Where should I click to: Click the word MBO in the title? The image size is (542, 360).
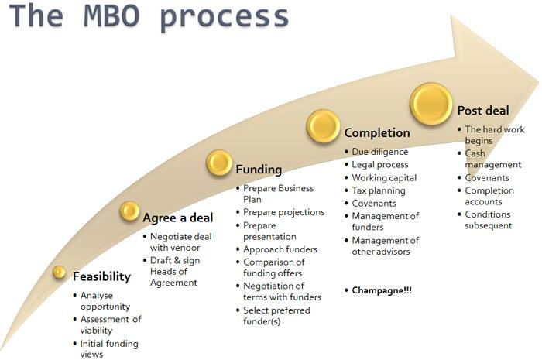(111, 16)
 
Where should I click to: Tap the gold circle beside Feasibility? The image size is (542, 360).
(59, 272)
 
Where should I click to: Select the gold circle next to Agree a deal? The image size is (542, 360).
(129, 211)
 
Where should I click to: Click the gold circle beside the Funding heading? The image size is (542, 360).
(219, 163)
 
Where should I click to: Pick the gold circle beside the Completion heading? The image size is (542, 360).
(323, 126)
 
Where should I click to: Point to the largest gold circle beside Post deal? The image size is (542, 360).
(431, 104)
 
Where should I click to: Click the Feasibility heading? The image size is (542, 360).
(102, 276)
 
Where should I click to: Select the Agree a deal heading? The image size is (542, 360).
(178, 218)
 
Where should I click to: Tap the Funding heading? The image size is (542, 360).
(259, 170)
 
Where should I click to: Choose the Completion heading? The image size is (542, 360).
(377, 133)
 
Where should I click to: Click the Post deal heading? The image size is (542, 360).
(483, 111)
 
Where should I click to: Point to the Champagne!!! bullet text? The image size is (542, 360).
(382, 290)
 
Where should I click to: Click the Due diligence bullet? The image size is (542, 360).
(380, 152)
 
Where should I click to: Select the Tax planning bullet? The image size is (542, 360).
(379, 190)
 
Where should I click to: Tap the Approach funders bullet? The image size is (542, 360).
(280, 249)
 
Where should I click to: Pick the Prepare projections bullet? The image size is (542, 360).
(284, 212)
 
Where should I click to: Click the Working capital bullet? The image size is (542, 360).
(384, 177)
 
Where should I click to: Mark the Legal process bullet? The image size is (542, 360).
(380, 165)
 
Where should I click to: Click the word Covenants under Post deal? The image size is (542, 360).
(487, 177)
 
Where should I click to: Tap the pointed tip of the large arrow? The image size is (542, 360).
(539, 83)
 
